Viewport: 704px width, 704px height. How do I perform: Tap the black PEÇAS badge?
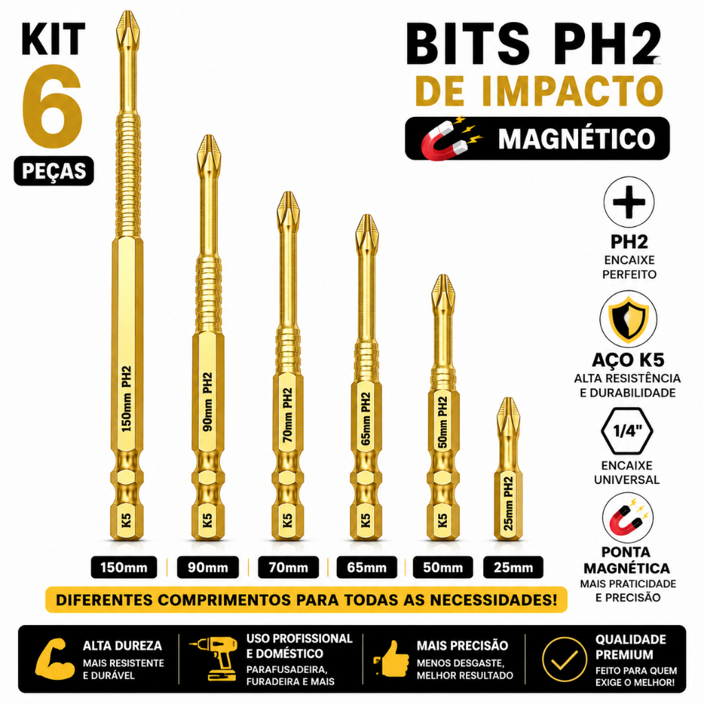pos(54,171)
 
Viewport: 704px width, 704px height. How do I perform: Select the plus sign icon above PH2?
pos(628,202)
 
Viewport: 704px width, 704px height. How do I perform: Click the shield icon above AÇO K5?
pos(628,319)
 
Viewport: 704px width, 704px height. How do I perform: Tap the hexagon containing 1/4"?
pos(627,432)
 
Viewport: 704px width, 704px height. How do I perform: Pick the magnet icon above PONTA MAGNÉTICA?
pos(628,518)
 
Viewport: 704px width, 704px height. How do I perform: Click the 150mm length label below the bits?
pos(124,567)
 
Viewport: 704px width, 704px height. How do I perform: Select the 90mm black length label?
pos(208,567)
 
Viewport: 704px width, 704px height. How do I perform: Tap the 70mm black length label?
pos(288,567)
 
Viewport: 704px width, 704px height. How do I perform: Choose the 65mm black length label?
pos(367,567)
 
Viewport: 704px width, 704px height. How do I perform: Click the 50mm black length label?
pos(443,567)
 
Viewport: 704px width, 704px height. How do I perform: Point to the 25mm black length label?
pos(513,567)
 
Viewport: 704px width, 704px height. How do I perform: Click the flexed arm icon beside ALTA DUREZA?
pos(55,659)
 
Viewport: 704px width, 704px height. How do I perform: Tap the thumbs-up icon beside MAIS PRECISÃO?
pos(391,659)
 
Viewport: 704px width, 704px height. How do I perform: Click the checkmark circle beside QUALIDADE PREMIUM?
pos(564,659)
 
